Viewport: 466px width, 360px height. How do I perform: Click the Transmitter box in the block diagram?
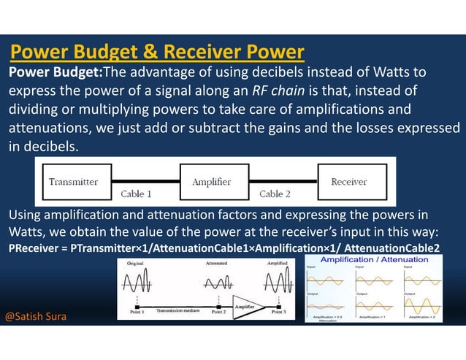73,182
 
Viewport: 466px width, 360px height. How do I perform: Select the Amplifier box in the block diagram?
211,182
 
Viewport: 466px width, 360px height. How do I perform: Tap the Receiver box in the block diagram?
348,182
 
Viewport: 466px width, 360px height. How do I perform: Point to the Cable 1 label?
137,194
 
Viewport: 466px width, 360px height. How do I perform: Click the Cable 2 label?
275,194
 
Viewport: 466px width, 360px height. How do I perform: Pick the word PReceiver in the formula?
34,248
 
